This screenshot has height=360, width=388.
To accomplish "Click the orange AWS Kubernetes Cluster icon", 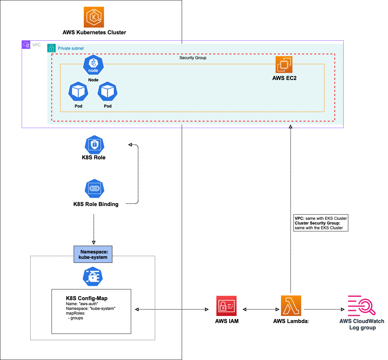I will [x=94, y=17].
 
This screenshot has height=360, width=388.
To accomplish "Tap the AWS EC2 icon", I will [x=284, y=64].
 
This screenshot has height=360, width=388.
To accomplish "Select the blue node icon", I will [x=93, y=65].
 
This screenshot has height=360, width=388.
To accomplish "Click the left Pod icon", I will [x=78, y=91].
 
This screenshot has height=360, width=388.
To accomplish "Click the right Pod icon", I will [x=108, y=91].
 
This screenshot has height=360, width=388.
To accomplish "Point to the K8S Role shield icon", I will [x=94, y=145].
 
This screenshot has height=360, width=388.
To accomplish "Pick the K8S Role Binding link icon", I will [x=95, y=189].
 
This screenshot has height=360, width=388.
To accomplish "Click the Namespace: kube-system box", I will [x=93, y=254].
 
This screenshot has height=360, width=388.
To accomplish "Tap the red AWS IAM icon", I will [x=226, y=306].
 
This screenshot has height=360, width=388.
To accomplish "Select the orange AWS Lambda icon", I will [x=291, y=306].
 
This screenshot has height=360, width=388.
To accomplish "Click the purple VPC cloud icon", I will [x=26, y=45].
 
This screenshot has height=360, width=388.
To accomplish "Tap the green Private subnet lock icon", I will [x=51, y=48].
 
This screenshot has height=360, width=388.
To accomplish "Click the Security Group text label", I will [x=193, y=58].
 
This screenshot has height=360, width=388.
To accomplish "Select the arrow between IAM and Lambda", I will [x=261, y=309].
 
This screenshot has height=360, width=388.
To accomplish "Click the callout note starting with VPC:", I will [x=321, y=223].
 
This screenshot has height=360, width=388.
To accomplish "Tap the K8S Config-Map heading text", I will [x=87, y=298].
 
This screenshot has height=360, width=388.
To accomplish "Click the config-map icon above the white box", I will [x=93, y=277].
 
